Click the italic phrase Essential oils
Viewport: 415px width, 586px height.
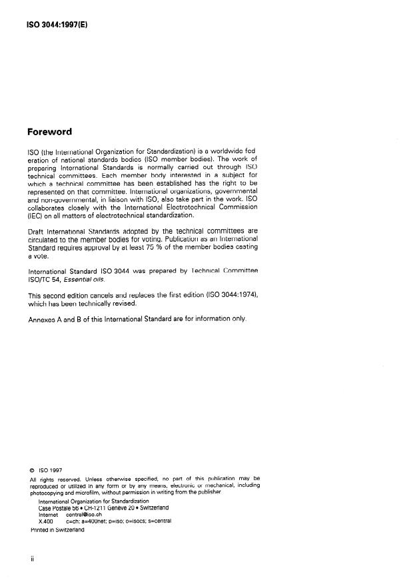(x=89, y=280)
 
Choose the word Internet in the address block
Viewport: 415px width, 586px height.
(x=49, y=515)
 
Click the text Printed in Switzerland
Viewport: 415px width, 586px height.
(x=57, y=530)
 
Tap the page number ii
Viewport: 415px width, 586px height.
(x=32, y=559)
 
